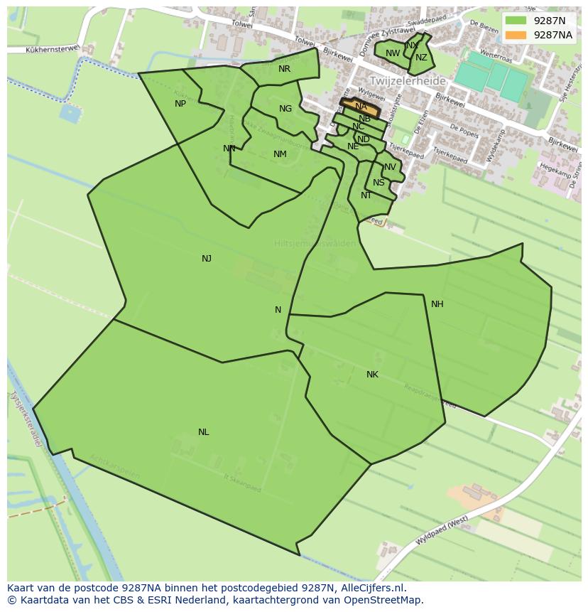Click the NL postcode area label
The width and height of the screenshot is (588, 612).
pos(204,432)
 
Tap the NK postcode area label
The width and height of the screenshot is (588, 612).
pos(372,375)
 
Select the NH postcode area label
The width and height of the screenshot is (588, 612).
pos(437,304)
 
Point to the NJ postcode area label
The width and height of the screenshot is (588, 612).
pos(207,259)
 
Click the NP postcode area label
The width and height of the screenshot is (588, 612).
pos(180,104)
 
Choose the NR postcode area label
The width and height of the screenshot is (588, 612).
pos(284,69)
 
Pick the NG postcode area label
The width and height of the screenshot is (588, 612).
pos(285,109)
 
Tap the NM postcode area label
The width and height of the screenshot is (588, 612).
pos(280,154)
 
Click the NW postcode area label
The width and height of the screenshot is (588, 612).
pos(393,53)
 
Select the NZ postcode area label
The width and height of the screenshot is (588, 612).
pos(421,58)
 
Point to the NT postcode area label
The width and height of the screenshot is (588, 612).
pos(366,195)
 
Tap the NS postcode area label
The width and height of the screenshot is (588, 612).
pos(379,183)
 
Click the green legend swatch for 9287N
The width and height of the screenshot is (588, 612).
pos(516,21)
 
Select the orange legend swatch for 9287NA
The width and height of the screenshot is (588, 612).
pos(516,35)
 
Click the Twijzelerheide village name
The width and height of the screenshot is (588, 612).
pos(407,81)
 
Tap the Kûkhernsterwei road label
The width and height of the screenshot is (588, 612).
pos(51,50)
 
